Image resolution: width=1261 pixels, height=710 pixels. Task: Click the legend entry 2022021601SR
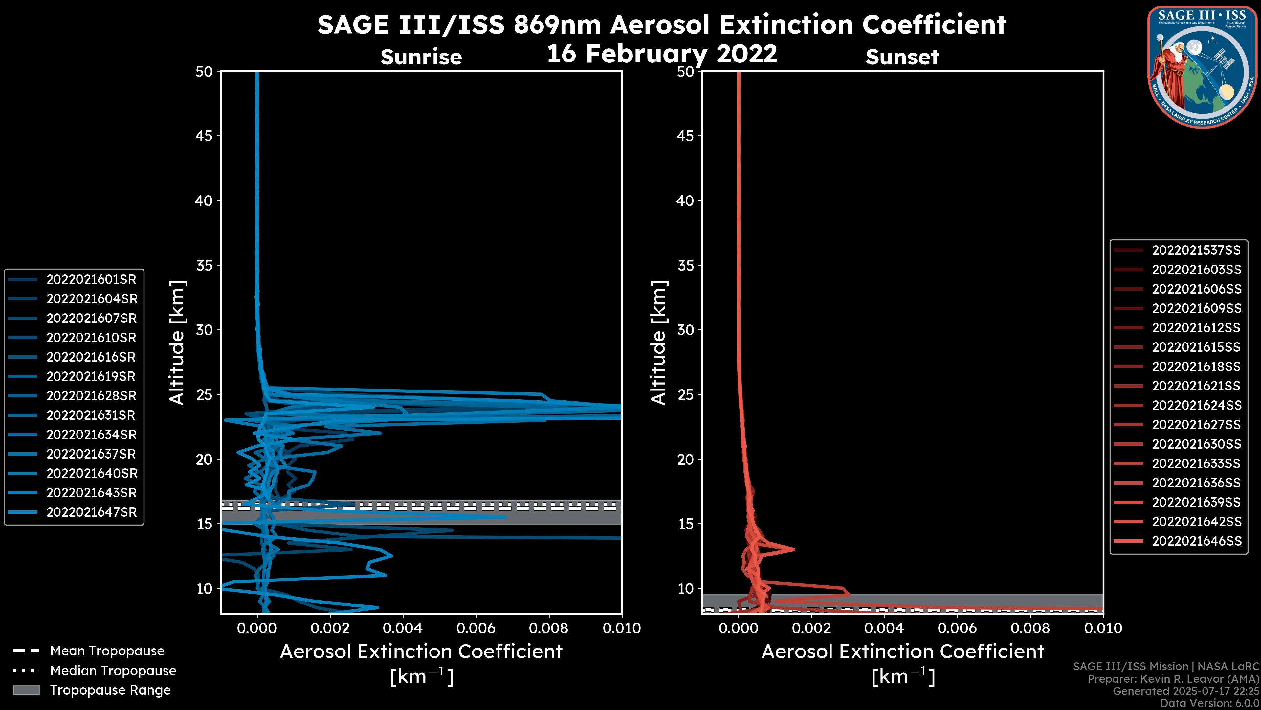(91, 279)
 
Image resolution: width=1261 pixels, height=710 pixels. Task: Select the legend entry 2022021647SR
(91, 512)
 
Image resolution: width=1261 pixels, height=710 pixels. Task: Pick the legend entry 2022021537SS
(1196, 250)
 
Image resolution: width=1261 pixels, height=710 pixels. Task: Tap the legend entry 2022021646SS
(1196, 541)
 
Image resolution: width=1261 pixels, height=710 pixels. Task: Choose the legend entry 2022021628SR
(91, 395)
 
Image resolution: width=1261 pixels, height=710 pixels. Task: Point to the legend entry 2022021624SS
(1196, 405)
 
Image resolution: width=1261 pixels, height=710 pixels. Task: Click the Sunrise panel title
(421, 57)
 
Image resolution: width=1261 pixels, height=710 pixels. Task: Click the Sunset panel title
(902, 57)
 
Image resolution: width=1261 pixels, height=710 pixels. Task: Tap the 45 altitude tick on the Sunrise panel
(204, 136)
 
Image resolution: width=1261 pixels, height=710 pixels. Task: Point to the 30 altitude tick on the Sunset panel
(686, 330)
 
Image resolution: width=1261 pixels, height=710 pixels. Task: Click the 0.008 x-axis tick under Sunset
(1030, 628)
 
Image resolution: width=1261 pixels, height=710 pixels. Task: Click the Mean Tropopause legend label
(107, 651)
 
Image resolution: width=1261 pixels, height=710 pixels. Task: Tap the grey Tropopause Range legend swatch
(26, 690)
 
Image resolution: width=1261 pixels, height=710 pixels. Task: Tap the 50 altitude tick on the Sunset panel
(686, 72)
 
